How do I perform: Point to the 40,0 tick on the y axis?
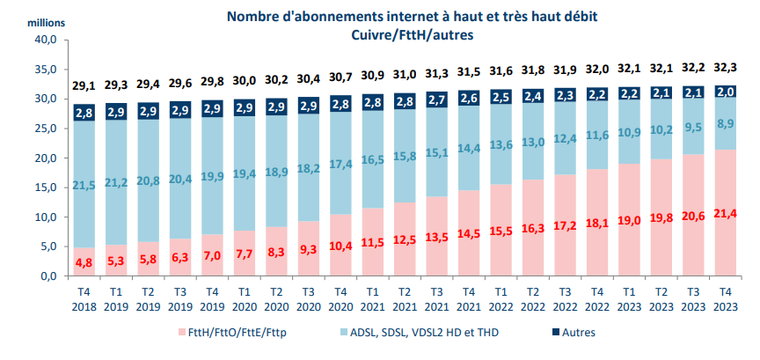click(x=46, y=40)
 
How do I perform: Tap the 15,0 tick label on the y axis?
click(x=46, y=187)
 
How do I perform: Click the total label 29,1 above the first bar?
click(x=84, y=85)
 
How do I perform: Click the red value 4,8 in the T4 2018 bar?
click(x=84, y=262)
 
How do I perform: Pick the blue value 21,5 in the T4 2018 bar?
click(x=84, y=184)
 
